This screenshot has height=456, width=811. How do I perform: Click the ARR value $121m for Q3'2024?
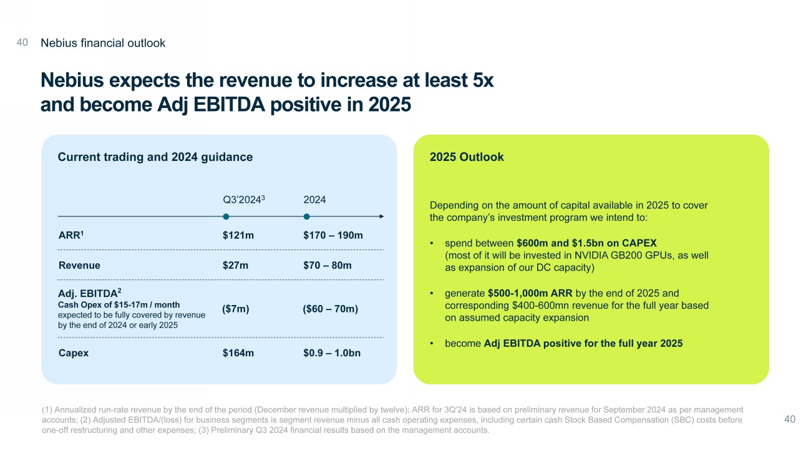238,235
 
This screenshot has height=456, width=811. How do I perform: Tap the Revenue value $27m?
235,265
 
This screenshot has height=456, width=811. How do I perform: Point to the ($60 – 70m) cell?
330,309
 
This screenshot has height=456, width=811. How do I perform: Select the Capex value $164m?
238,353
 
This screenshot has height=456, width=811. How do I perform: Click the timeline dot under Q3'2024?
226,216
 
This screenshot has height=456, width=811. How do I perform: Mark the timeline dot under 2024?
306,216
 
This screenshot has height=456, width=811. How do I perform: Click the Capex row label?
73,353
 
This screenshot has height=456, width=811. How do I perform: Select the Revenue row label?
79,265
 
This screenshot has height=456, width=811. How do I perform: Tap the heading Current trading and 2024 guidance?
155,157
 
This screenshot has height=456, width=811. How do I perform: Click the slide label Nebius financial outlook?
103,43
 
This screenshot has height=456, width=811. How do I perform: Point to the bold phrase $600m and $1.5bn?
568,243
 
